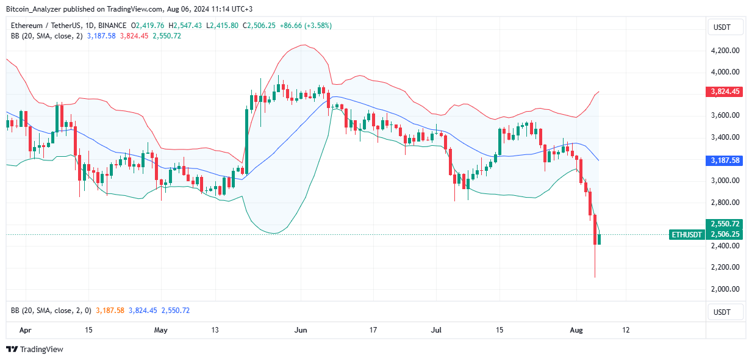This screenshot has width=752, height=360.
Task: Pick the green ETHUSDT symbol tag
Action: point(686,234)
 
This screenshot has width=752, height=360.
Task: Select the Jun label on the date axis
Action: point(300,330)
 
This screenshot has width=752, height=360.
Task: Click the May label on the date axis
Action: point(161,330)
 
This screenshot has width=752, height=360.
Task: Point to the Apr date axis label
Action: point(25,330)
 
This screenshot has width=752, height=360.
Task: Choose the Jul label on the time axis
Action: point(437,330)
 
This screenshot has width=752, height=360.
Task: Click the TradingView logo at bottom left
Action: point(35,350)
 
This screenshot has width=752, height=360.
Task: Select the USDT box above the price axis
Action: point(725,27)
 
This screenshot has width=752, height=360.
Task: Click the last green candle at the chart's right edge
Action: point(600,239)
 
